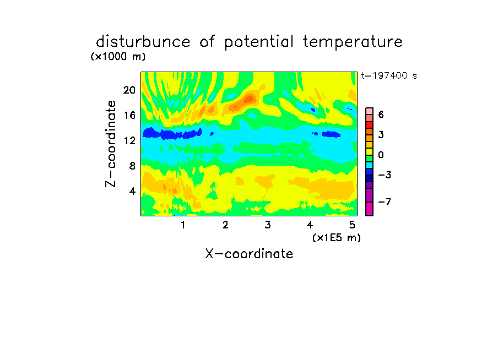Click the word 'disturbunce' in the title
click(143, 42)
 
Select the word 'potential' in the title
click(258, 42)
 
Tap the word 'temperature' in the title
click(352, 42)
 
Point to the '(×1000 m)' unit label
click(118, 57)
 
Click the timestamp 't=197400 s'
click(389, 75)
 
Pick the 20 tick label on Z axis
click(129, 90)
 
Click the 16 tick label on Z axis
click(129, 115)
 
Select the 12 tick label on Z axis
click(129, 140)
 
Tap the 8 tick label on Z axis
click(132, 166)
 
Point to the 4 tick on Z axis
click(132, 191)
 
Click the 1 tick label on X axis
click(183, 225)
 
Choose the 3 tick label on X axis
click(268, 225)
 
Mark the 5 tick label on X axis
click(352, 225)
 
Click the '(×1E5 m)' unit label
click(337, 237)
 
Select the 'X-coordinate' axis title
click(249, 254)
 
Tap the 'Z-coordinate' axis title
click(111, 144)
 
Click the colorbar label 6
click(381, 114)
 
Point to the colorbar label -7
click(385, 201)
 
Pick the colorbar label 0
click(381, 155)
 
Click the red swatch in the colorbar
click(370, 125)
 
